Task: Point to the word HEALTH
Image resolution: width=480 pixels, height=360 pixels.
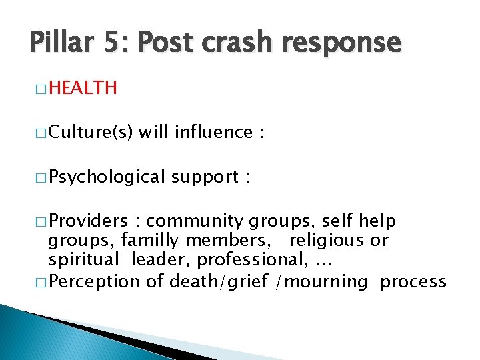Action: [83, 87]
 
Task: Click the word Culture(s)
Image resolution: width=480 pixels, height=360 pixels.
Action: [93, 133]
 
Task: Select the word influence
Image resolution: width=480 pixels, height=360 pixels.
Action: [213, 132]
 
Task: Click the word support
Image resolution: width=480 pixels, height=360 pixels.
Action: [204, 178]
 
